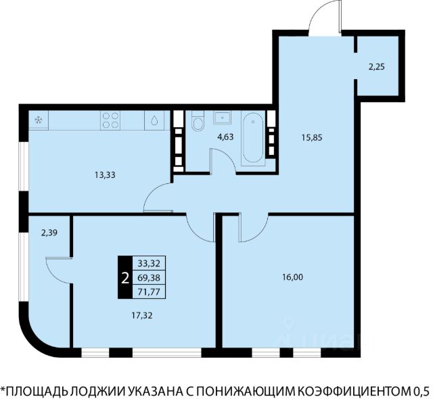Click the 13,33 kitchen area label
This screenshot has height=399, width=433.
(105, 175)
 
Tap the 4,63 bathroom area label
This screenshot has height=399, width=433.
(225, 137)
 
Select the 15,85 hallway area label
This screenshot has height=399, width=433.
(312, 137)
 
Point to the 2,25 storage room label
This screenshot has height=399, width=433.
(377, 67)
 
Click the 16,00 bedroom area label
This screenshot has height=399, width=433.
(292, 277)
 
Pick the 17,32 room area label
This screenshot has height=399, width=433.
(142, 315)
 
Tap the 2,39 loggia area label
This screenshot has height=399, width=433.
(49, 233)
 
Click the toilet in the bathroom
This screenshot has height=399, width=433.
(198, 120)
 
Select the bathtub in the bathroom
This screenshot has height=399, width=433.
(253, 138)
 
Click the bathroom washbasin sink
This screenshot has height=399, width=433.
(223, 118)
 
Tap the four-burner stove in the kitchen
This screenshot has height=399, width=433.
(110, 120)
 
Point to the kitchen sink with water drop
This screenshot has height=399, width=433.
(154, 120)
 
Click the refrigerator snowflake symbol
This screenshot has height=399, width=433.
(38, 120)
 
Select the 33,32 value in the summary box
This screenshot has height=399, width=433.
(149, 264)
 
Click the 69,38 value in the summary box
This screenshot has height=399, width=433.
(149, 277)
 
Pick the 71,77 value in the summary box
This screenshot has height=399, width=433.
(149, 291)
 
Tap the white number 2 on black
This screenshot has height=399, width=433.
(125, 278)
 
